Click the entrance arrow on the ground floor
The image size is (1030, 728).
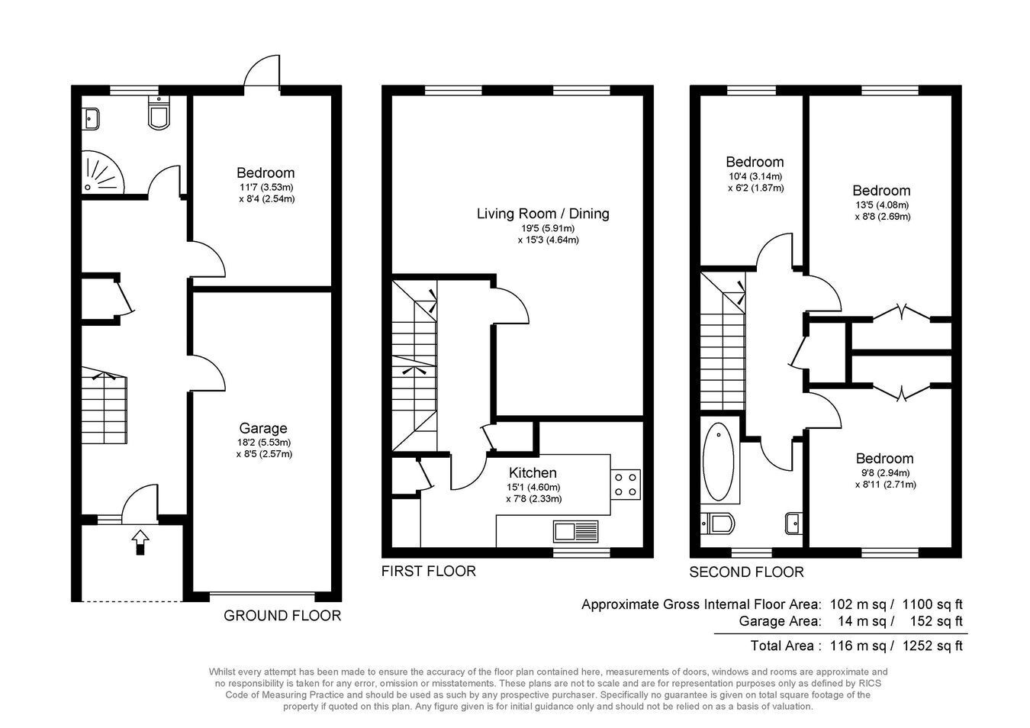coord(140,542)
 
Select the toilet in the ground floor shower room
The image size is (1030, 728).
coord(159,113)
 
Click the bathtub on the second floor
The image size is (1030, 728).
coord(718,462)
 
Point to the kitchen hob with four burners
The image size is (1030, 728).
coord(626,484)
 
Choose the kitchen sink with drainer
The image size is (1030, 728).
coord(576,531)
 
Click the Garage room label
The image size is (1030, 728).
coord(263,428)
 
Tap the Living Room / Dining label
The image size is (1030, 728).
coord(542,214)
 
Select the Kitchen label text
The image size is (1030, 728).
coord(533,472)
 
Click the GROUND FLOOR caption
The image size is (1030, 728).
coord(282,615)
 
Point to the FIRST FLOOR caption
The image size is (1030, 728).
coord(429,571)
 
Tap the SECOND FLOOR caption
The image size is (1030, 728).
coord(746,572)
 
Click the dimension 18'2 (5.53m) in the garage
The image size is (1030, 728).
coord(264,443)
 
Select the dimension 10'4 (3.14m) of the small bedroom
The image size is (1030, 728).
coord(755,176)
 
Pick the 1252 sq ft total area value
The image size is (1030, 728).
coord(932,646)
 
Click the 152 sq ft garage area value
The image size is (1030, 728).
coord(936,621)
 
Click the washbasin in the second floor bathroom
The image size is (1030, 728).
coord(794,523)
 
